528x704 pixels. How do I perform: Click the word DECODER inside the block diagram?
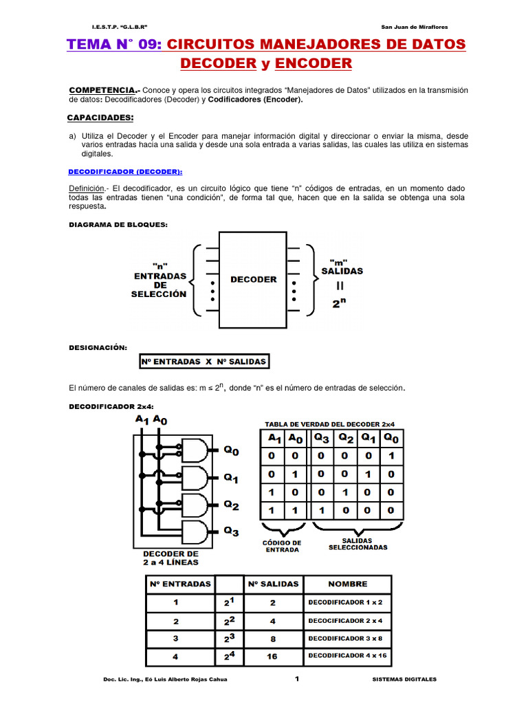[253, 280]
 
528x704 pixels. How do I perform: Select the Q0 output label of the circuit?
[232, 452]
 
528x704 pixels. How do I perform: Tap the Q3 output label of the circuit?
[232, 531]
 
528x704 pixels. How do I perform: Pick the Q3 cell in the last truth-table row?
[322, 511]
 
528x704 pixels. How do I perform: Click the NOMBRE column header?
[348, 584]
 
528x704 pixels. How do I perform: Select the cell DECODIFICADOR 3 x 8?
[348, 638]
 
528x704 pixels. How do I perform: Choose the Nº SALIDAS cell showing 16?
[272, 657]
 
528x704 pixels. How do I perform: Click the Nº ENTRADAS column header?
[180, 584]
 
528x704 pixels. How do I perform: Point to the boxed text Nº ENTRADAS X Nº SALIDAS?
[203, 361]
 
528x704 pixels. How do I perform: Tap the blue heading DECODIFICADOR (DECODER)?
[126, 171]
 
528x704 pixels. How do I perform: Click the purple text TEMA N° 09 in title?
[113, 45]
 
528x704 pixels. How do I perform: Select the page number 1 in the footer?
[298, 679]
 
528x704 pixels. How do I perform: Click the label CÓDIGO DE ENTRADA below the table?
[282, 547]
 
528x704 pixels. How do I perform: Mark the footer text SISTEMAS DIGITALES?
[410, 679]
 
